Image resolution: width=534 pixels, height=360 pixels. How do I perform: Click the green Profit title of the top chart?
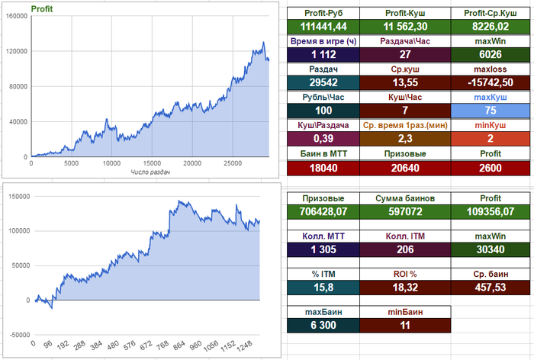point(41,10)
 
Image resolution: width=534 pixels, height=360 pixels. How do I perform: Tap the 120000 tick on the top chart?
point(17,51)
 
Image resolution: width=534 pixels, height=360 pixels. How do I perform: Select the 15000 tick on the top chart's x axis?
point(153,163)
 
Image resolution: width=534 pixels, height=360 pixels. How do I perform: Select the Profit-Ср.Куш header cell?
point(486,12)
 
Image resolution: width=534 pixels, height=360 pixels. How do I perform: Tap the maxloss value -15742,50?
point(486,82)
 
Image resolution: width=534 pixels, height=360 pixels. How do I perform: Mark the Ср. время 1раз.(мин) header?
point(404,125)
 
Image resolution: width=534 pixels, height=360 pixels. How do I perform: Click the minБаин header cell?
point(404,311)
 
